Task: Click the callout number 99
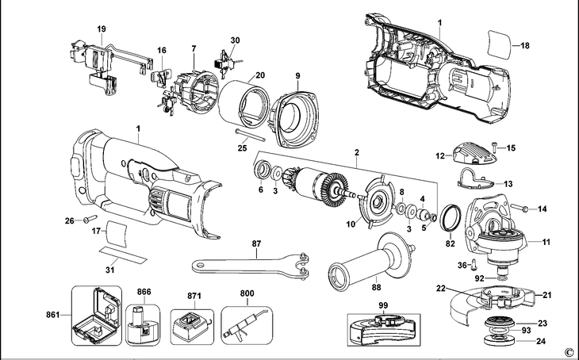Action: click(x=383, y=304)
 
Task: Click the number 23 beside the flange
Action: click(x=542, y=324)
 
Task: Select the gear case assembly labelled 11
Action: click(x=500, y=234)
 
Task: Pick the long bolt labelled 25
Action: click(x=251, y=135)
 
